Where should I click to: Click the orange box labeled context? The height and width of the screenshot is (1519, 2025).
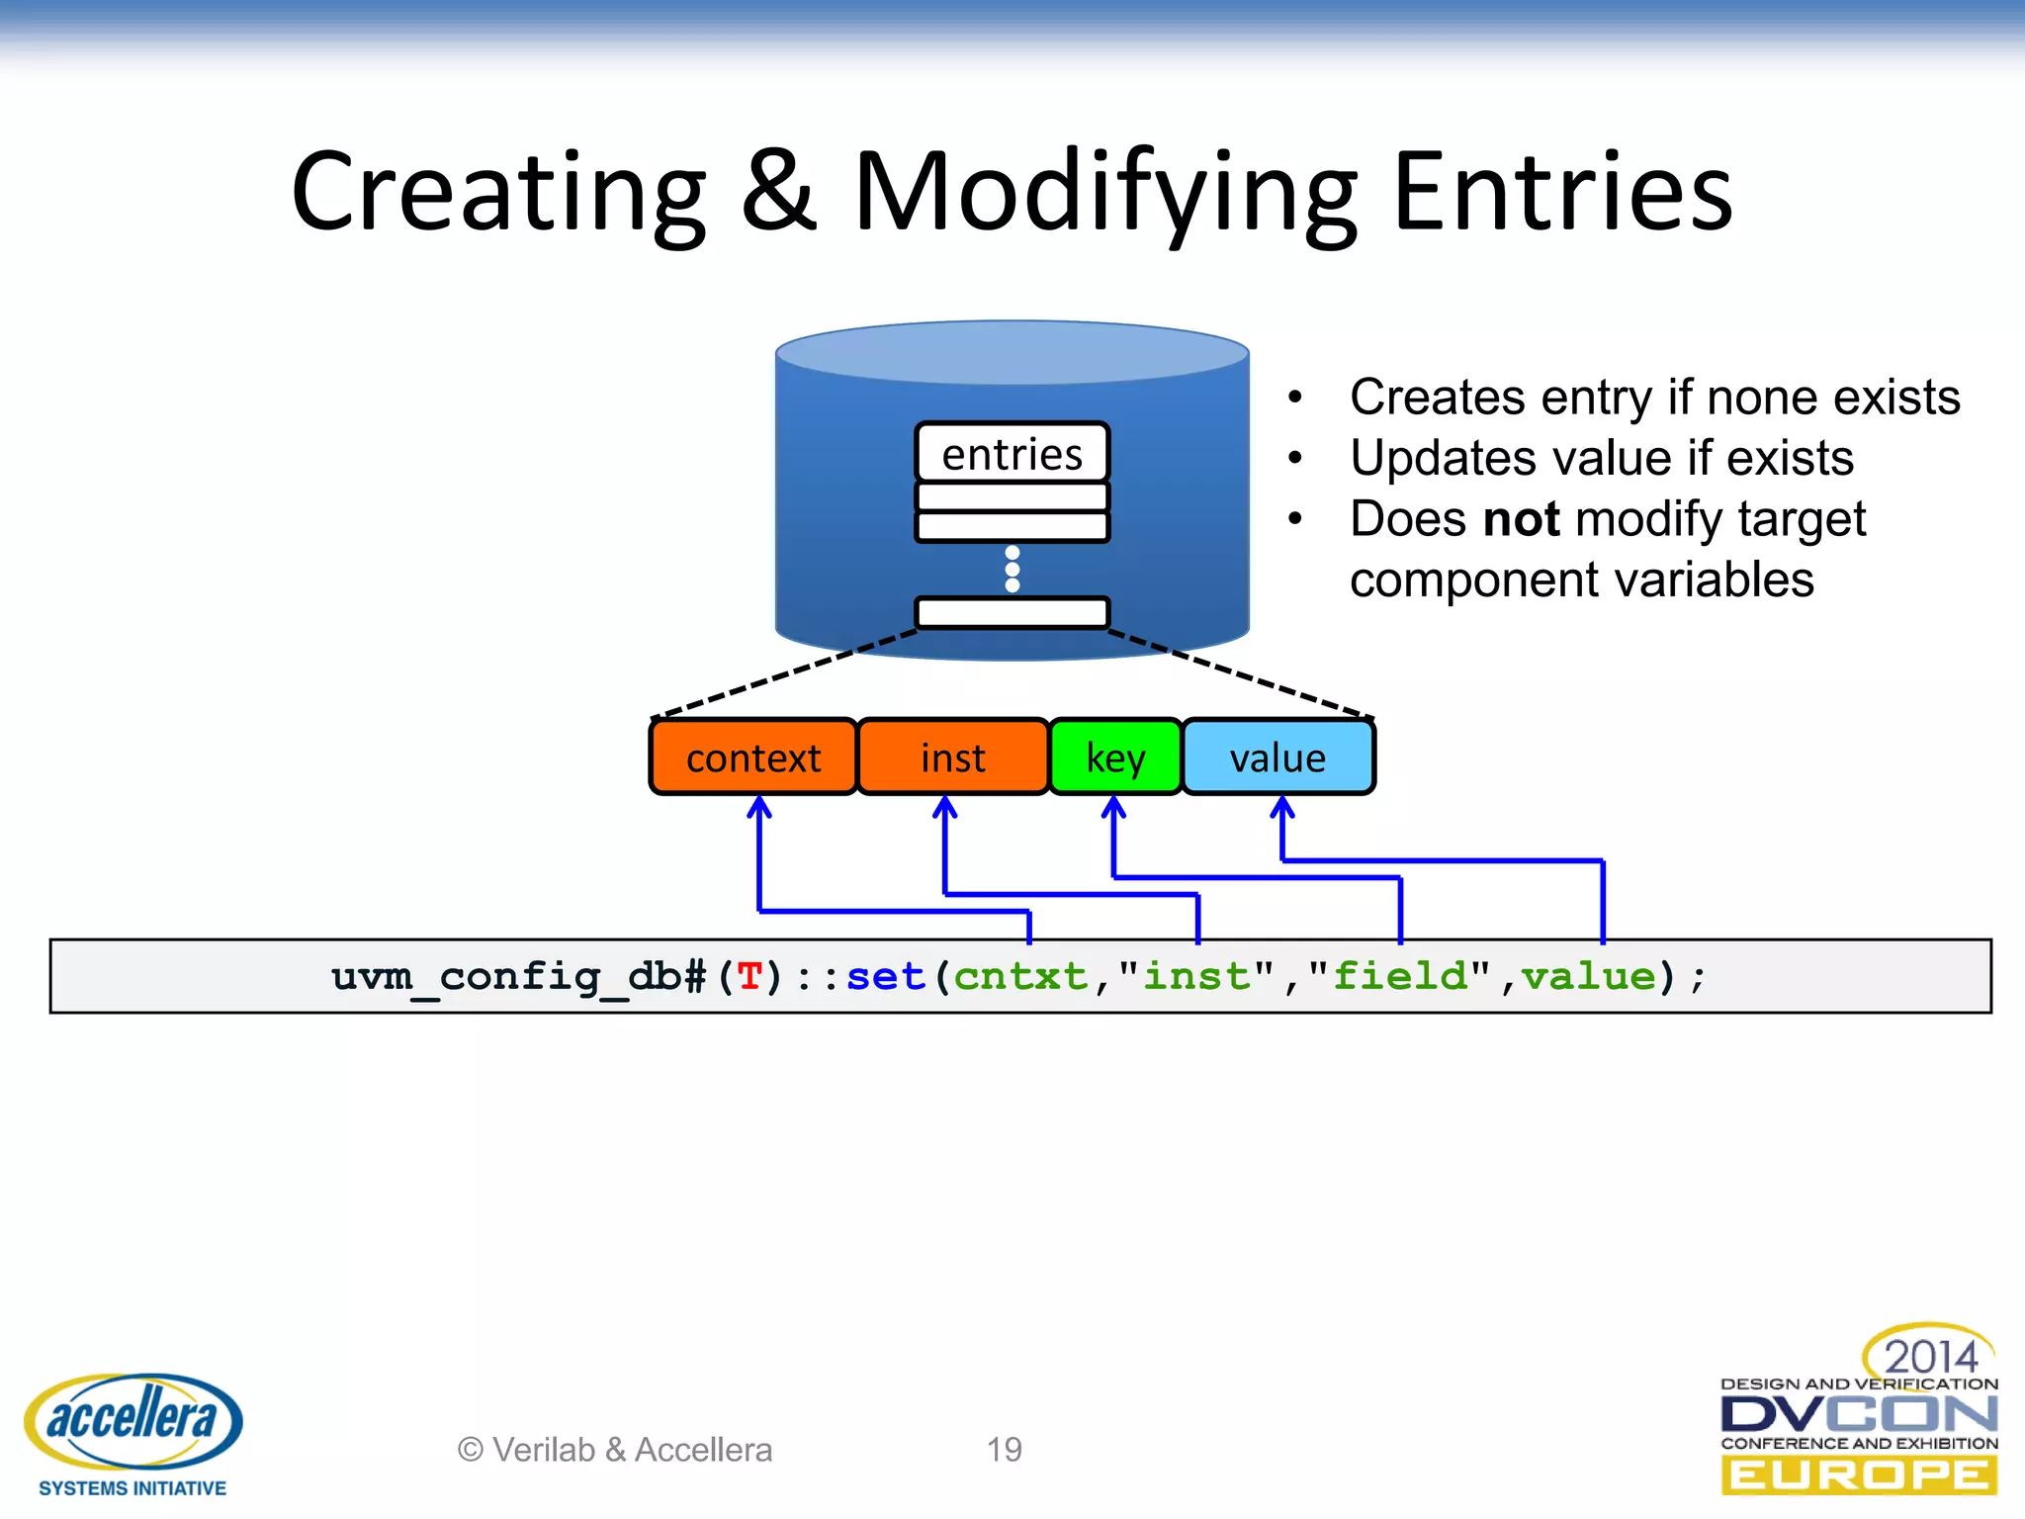[753, 758]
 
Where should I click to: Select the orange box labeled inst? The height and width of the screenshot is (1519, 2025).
[952, 758]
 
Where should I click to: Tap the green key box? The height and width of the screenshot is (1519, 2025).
[1115, 758]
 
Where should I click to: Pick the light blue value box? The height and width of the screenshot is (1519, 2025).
[1277, 758]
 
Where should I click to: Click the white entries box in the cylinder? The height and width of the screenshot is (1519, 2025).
[1012, 454]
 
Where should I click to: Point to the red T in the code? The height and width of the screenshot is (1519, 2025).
[749, 977]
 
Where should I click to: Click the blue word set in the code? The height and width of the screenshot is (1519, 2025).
[885, 977]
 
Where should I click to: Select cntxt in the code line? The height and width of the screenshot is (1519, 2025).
[1020, 977]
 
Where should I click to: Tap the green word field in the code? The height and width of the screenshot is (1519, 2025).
[1399, 977]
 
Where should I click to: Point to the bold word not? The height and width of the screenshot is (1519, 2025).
[1522, 519]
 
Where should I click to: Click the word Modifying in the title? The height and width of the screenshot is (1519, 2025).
[1104, 193]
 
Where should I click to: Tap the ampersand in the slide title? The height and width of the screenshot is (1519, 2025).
[779, 193]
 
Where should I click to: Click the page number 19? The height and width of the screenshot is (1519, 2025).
[1004, 1450]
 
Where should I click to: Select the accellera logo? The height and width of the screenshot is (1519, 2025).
[133, 1424]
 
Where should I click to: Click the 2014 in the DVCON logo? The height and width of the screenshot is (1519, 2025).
[1930, 1356]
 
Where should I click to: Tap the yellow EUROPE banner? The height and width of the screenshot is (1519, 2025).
[1859, 1475]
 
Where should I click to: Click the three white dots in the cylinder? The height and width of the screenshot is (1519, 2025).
[1012, 569]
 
